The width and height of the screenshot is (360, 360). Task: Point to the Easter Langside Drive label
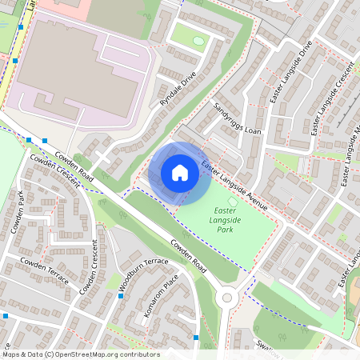coord(294,75)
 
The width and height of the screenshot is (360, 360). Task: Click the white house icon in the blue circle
coord(180,173)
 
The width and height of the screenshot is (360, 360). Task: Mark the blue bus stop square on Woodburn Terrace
coord(121,296)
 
